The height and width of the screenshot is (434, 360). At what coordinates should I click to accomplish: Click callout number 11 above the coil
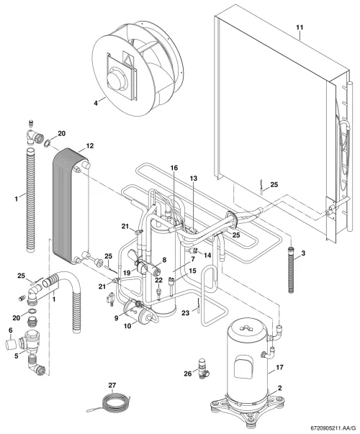coord(300,27)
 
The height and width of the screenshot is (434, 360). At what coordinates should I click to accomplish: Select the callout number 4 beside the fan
coord(96,103)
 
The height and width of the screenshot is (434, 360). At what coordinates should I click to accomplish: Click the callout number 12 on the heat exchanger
coord(90,145)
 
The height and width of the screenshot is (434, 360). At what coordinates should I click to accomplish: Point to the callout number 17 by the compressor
coord(279,367)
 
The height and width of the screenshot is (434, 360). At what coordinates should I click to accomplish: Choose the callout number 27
coord(112,385)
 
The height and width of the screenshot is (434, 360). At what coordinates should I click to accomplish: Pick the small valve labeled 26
coord(204,369)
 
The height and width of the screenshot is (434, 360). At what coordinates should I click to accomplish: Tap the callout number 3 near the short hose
coord(303,253)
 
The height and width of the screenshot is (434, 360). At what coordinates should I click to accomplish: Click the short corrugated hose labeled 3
coord(291,268)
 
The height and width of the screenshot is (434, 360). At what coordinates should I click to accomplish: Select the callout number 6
coord(11,330)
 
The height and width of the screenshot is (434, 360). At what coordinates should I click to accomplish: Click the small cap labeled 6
coord(11,345)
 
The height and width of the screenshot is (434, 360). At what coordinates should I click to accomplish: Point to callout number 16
coord(174,168)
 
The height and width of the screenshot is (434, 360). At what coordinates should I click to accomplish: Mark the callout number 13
coord(194,178)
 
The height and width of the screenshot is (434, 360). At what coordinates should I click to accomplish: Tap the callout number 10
coord(127,326)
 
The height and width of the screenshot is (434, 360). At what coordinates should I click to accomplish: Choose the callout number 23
coord(185,313)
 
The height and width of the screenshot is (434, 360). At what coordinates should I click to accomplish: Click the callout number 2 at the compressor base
coord(279,388)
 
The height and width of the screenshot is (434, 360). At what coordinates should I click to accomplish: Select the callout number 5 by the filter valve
coord(17,356)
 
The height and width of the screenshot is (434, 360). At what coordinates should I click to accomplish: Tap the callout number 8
coord(164,260)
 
